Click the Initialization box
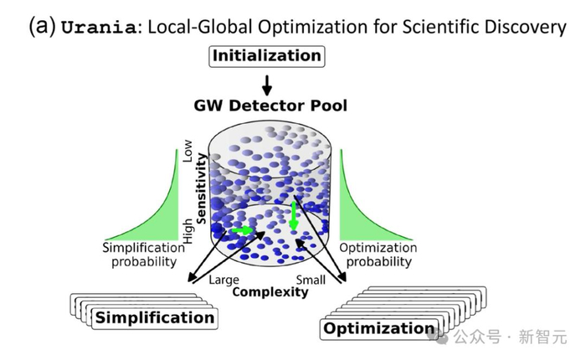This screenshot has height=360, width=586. tap(266, 56)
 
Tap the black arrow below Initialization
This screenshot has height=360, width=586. tap(266, 85)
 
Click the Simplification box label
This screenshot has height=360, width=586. tap(155, 318)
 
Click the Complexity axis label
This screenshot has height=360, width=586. tap(270, 291)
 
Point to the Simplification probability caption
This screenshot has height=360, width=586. tap(143, 255)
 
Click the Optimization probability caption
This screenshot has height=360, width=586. tap(378, 255)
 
